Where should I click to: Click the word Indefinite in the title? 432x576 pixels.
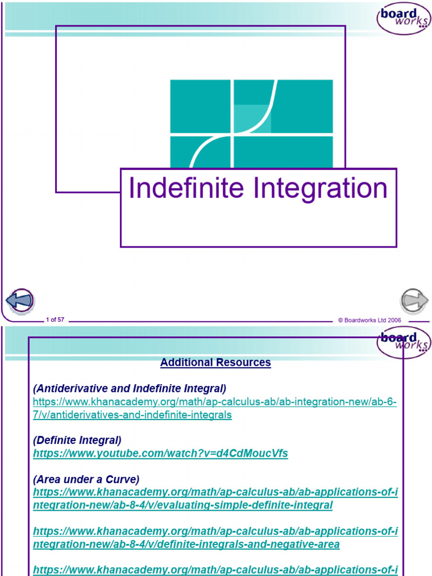[x=187, y=188]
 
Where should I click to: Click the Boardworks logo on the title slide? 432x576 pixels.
[x=403, y=18]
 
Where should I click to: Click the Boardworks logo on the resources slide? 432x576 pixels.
[x=403, y=342]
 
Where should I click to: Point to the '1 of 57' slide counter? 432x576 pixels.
[x=55, y=319]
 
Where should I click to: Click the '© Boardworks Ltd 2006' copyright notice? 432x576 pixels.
[x=369, y=319]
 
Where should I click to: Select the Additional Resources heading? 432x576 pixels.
[x=215, y=362]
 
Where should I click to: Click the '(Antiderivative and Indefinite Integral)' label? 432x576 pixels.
[x=129, y=389]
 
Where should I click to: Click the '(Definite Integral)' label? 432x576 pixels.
[x=77, y=440]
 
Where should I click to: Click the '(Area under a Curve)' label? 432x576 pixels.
[x=86, y=479]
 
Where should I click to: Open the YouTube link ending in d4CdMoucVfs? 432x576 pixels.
[x=160, y=453]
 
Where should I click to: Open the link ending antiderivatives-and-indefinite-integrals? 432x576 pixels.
[x=132, y=415]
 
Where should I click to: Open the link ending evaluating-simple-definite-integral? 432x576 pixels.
[x=183, y=505]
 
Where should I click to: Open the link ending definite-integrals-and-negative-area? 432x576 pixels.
[x=186, y=544]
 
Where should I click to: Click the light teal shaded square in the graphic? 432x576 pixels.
[x=251, y=119]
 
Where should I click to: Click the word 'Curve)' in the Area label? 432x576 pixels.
[x=124, y=479]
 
